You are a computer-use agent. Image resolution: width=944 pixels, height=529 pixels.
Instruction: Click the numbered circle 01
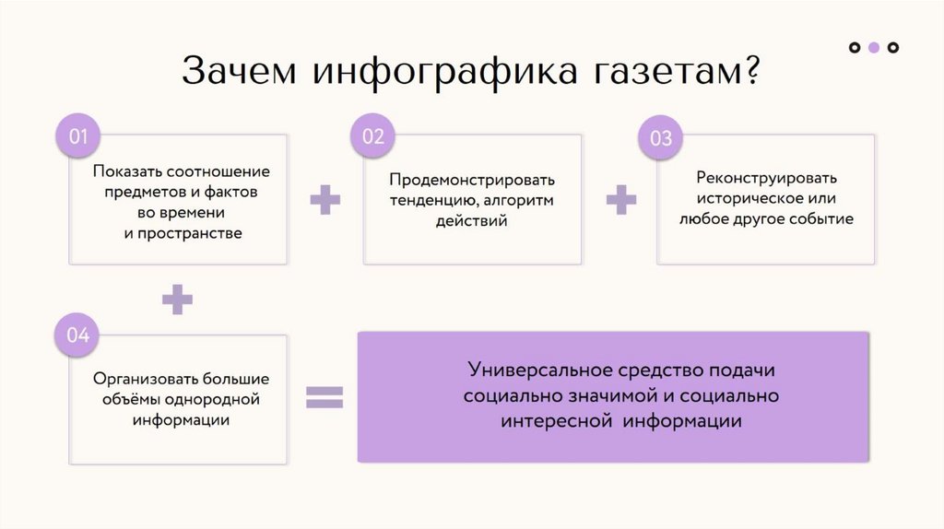[x=77, y=137]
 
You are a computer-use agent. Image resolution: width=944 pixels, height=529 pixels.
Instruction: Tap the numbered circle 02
[x=372, y=137]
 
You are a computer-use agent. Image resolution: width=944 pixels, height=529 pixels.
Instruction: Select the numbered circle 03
[x=661, y=139]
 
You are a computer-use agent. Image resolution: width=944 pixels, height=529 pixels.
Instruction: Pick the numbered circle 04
[x=77, y=335]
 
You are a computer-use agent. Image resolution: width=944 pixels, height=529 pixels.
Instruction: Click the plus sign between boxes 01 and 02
[x=324, y=200]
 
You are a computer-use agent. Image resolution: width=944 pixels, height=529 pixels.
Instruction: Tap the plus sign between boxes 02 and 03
[x=620, y=200]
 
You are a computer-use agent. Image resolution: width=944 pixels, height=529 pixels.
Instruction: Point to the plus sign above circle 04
[x=177, y=299]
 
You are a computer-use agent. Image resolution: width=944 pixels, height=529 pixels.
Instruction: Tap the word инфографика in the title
[x=447, y=72]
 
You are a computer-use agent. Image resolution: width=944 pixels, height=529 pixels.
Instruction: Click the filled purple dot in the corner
[x=874, y=47]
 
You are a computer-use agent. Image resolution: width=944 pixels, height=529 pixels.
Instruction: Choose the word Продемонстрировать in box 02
[x=472, y=179]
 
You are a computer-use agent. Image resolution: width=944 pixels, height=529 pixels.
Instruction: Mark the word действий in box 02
[x=472, y=221]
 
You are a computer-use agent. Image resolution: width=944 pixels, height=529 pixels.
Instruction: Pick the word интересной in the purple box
[x=557, y=421]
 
